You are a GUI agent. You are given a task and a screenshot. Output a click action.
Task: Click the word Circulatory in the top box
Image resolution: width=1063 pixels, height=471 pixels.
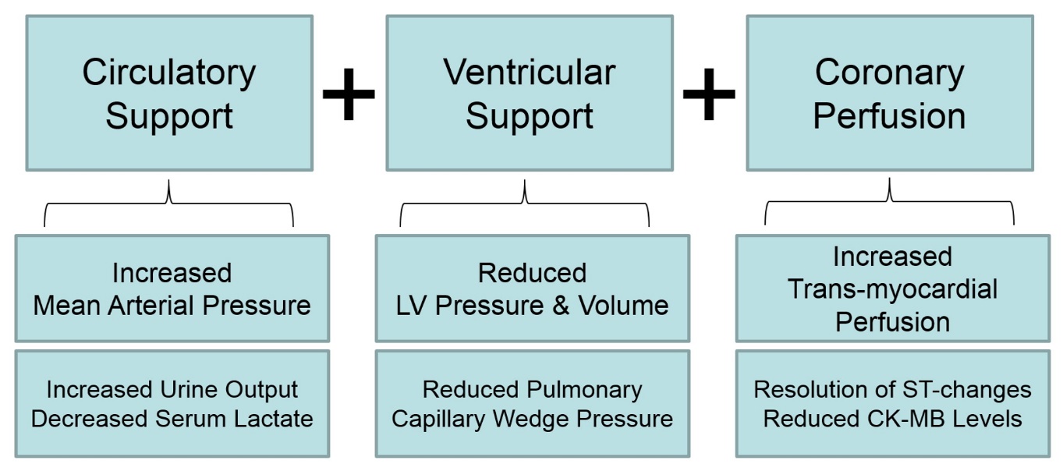169,73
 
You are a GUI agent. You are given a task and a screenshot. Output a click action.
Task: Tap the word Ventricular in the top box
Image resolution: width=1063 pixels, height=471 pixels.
530,73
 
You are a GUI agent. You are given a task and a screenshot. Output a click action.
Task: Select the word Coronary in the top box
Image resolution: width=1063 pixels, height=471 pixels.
889,73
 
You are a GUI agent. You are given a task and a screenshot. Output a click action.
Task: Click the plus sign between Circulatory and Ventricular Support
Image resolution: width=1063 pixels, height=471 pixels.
349,94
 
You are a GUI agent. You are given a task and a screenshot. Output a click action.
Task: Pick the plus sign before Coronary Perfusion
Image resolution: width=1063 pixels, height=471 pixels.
709,94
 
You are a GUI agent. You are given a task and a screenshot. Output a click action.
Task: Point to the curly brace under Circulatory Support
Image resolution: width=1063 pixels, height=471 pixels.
168,204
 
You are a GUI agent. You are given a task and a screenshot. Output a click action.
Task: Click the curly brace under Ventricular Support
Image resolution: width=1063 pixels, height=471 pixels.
525,204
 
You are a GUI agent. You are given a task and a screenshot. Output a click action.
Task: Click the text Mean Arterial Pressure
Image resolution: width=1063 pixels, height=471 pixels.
172,305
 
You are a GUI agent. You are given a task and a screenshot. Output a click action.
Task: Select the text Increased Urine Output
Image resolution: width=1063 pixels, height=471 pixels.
172,389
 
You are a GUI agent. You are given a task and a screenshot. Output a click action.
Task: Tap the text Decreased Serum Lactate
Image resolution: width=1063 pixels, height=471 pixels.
172,419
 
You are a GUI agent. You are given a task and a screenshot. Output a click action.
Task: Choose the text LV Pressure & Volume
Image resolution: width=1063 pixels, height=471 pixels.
532,306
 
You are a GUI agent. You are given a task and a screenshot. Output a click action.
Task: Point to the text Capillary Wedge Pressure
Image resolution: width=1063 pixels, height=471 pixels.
532,419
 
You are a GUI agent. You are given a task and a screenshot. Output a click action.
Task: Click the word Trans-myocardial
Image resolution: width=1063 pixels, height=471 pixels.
892,289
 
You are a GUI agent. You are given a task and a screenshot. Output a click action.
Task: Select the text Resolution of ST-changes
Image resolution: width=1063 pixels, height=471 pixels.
892,389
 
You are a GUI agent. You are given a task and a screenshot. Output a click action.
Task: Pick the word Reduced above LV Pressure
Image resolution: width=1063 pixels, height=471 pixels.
532,273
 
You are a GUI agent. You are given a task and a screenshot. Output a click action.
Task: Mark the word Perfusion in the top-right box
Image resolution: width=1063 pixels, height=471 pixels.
889,115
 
